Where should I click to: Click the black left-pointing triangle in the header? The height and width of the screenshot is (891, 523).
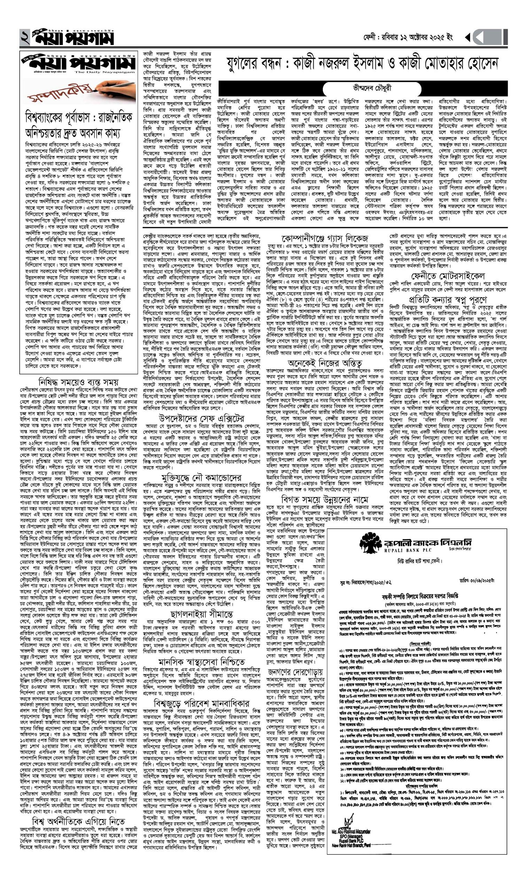pos(468,37)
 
